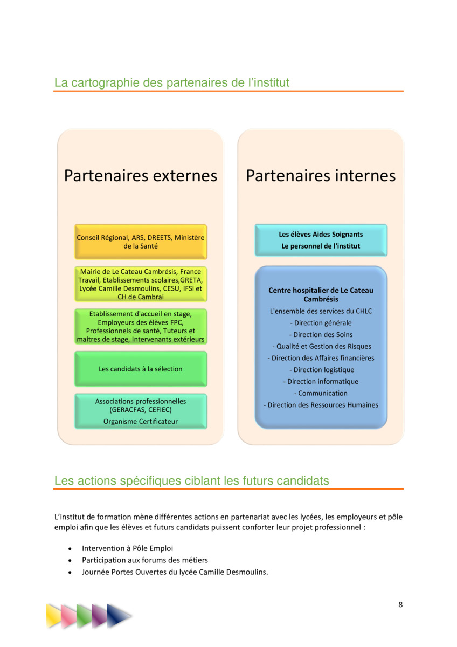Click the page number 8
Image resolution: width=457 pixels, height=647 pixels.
(400, 604)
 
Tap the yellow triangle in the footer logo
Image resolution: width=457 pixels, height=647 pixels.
(54, 616)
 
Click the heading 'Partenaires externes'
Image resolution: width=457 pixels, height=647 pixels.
(141, 176)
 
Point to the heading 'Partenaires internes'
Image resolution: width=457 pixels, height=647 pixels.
(321, 176)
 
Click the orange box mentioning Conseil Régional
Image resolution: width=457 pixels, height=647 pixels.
(141, 242)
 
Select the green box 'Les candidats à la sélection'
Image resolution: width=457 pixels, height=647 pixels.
(141, 369)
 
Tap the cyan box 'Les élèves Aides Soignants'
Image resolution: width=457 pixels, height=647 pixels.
(321, 240)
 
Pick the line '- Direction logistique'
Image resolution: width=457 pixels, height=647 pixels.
(322, 370)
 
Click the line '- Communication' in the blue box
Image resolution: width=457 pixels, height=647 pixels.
(321, 393)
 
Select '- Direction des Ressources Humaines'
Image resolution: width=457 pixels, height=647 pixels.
(321, 405)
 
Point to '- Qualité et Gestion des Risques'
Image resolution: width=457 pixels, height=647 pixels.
(322, 346)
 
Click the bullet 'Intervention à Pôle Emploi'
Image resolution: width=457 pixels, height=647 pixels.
(127, 548)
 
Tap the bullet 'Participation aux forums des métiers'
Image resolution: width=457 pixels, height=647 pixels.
(145, 560)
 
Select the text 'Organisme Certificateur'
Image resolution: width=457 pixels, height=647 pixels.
(141, 422)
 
